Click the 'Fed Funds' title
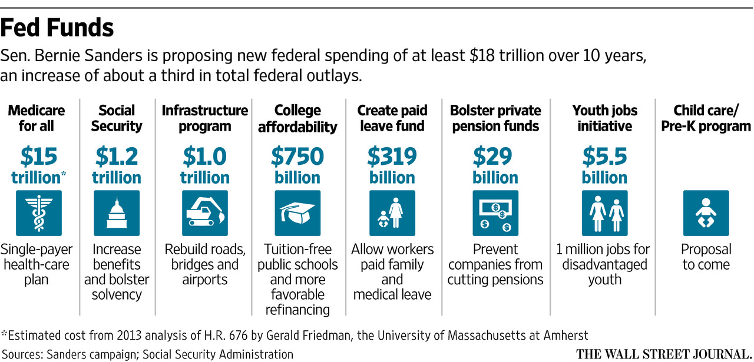tap(58, 28)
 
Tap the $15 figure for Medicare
tap(39, 157)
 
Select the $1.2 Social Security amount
tap(117, 157)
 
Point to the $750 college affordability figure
tap(297, 157)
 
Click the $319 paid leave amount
tap(392, 157)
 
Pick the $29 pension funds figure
tap(495, 157)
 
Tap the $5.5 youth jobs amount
tap(605, 157)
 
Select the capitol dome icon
tap(117, 212)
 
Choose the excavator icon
tap(204, 212)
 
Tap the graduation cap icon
tap(297, 212)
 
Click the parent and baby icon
tap(392, 212)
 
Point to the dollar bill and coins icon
tap(495, 212)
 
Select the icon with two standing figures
tap(605, 212)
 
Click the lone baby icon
tap(706, 212)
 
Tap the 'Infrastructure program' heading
tap(204, 118)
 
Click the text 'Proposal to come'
tap(706, 257)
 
